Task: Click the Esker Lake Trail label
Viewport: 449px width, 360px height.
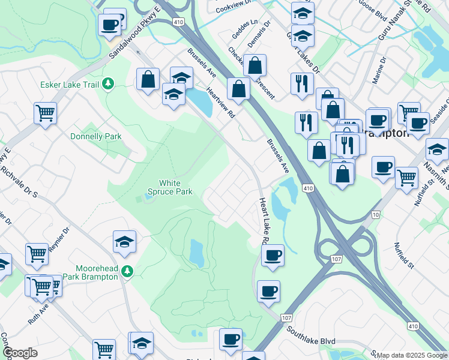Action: [69, 85]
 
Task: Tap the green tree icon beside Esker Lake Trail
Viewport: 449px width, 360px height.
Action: [108, 84]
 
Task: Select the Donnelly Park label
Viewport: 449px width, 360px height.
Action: [96, 136]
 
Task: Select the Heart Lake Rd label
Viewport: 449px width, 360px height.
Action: [263, 221]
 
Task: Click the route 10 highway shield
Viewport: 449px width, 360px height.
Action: [376, 214]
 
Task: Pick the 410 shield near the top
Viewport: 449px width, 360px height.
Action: [178, 22]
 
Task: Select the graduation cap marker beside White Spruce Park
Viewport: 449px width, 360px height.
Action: [125, 242]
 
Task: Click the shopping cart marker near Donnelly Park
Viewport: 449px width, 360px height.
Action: [46, 112]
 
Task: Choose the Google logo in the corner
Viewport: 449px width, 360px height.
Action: [20, 353]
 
